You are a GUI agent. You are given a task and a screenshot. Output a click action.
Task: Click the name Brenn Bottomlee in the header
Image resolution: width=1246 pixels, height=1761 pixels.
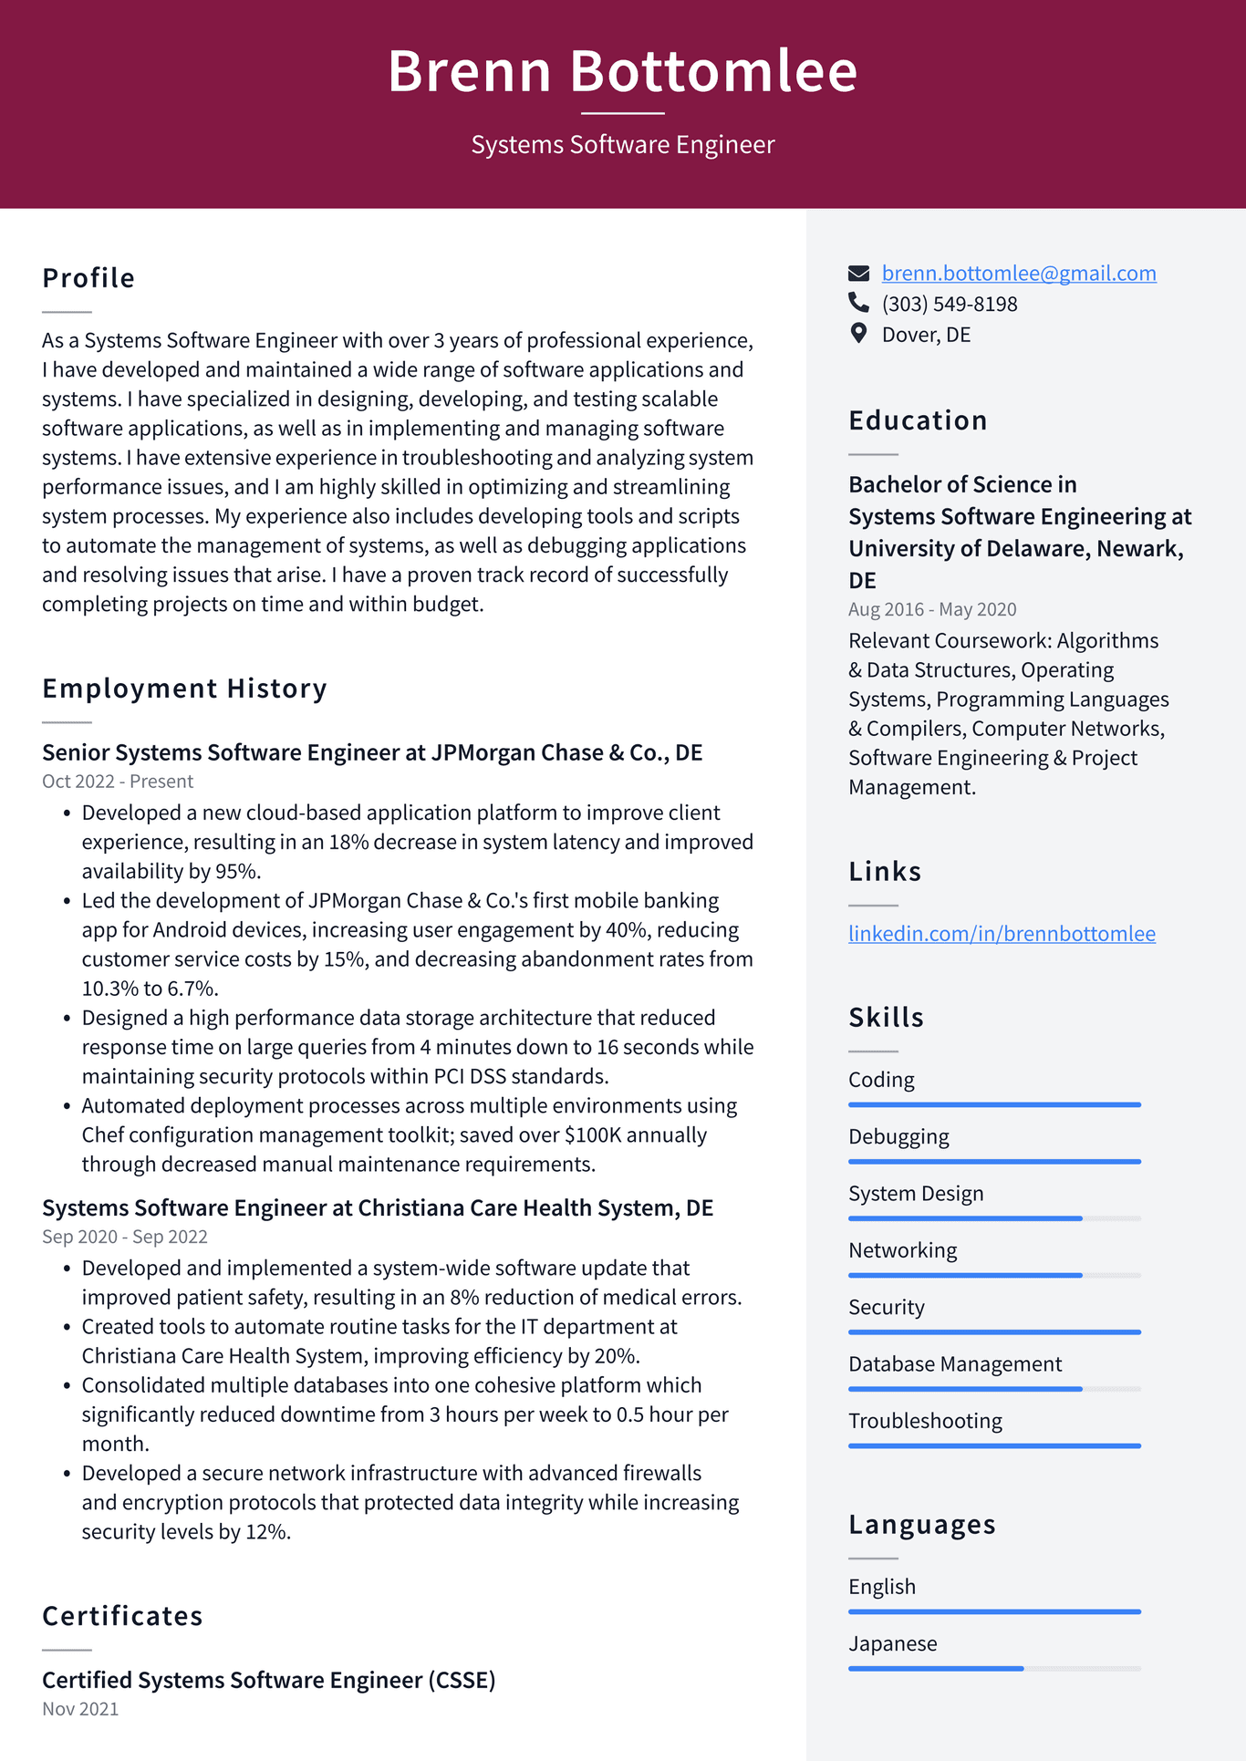(622, 71)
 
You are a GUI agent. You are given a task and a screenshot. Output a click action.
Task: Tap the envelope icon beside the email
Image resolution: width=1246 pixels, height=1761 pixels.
(858, 274)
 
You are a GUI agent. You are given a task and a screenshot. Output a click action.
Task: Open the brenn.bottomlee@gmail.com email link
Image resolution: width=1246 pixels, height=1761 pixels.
(1018, 274)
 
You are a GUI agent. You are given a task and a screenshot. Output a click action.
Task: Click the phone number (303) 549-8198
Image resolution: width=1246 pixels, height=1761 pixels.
(949, 305)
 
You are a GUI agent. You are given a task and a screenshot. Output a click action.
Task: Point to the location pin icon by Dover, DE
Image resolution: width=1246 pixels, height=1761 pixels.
(858, 334)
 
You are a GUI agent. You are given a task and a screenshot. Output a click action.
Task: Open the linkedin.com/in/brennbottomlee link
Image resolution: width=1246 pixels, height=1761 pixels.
(1001, 934)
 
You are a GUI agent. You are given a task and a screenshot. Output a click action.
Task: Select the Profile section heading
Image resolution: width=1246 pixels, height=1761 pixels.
(88, 278)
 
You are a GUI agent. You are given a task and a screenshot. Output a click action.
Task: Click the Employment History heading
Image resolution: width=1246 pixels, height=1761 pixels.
(184, 689)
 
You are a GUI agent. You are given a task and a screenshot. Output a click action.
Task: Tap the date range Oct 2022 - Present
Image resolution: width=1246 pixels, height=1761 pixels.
(118, 782)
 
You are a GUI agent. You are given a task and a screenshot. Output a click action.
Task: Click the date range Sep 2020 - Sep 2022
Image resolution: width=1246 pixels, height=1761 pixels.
(125, 1238)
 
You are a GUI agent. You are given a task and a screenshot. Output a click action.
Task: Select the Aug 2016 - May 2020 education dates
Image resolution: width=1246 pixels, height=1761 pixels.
(931, 609)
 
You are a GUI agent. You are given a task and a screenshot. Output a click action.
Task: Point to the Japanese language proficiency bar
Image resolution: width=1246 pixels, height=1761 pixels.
(993, 1668)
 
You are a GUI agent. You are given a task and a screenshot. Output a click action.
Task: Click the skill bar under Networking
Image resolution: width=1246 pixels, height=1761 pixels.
(993, 1275)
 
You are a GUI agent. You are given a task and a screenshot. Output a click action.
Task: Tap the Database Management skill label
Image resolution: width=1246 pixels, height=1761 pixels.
(954, 1364)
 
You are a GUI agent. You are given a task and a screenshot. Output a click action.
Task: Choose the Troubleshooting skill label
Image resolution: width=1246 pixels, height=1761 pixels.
(925, 1421)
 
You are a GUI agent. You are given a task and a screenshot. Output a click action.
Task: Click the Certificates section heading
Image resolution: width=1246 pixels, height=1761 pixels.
(122, 1616)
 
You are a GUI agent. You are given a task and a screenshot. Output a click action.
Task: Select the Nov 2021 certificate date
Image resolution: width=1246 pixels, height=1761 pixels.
(80, 1709)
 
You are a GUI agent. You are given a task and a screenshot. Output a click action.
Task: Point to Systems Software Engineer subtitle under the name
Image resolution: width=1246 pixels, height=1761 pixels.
(622, 145)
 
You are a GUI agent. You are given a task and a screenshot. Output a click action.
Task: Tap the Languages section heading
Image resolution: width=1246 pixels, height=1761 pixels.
(921, 1525)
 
